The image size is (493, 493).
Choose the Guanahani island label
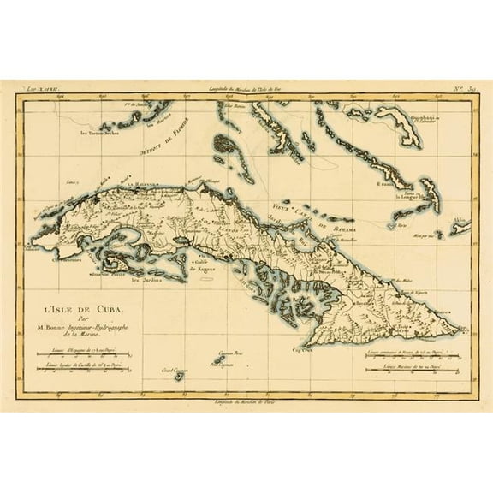tap(420, 118)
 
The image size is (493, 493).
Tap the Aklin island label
tap(458, 220)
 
